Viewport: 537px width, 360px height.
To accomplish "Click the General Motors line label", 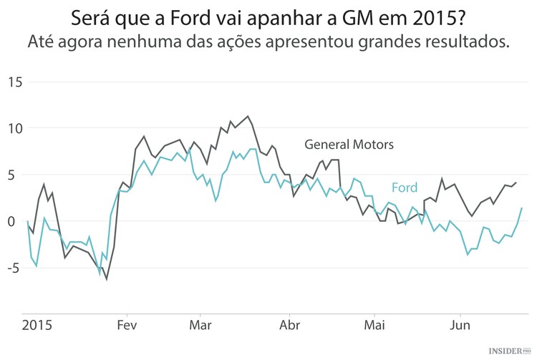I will (349, 144).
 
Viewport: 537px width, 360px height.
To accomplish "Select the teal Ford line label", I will (404, 188).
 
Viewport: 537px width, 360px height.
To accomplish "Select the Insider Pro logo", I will (511, 351).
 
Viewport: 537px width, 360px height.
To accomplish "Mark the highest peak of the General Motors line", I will (248, 116).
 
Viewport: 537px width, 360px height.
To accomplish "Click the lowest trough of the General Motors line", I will (107, 279).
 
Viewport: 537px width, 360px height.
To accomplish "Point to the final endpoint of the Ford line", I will (522, 208).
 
